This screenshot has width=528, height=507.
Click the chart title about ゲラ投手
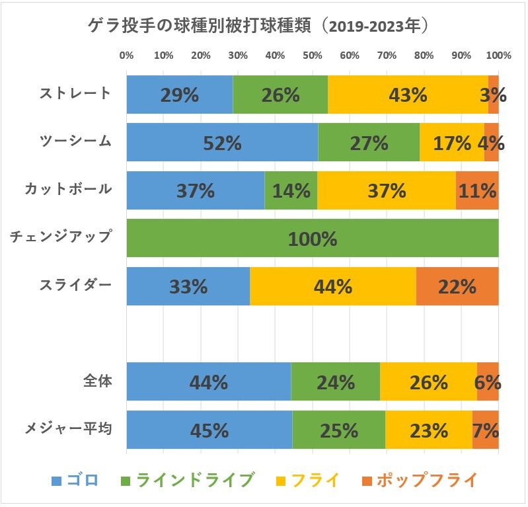point(263,26)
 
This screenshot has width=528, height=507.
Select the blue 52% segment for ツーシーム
point(222,142)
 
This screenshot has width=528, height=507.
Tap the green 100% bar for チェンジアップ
point(312,238)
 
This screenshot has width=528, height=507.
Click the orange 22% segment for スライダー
point(457,286)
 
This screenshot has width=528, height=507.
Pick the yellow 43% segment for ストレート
point(408,95)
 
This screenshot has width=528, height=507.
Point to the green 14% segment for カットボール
point(291,190)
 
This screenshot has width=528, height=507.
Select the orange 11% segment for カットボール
point(477,190)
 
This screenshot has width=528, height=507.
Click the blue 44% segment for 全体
point(208,382)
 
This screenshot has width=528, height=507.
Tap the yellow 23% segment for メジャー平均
point(428,430)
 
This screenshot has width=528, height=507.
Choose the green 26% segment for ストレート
point(280,95)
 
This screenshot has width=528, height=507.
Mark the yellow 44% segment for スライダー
point(332,286)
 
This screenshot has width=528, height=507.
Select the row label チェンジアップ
point(61,237)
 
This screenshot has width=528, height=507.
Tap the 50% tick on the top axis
point(312,56)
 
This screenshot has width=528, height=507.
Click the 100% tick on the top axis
point(499,56)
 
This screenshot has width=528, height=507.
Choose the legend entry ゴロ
point(75,480)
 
